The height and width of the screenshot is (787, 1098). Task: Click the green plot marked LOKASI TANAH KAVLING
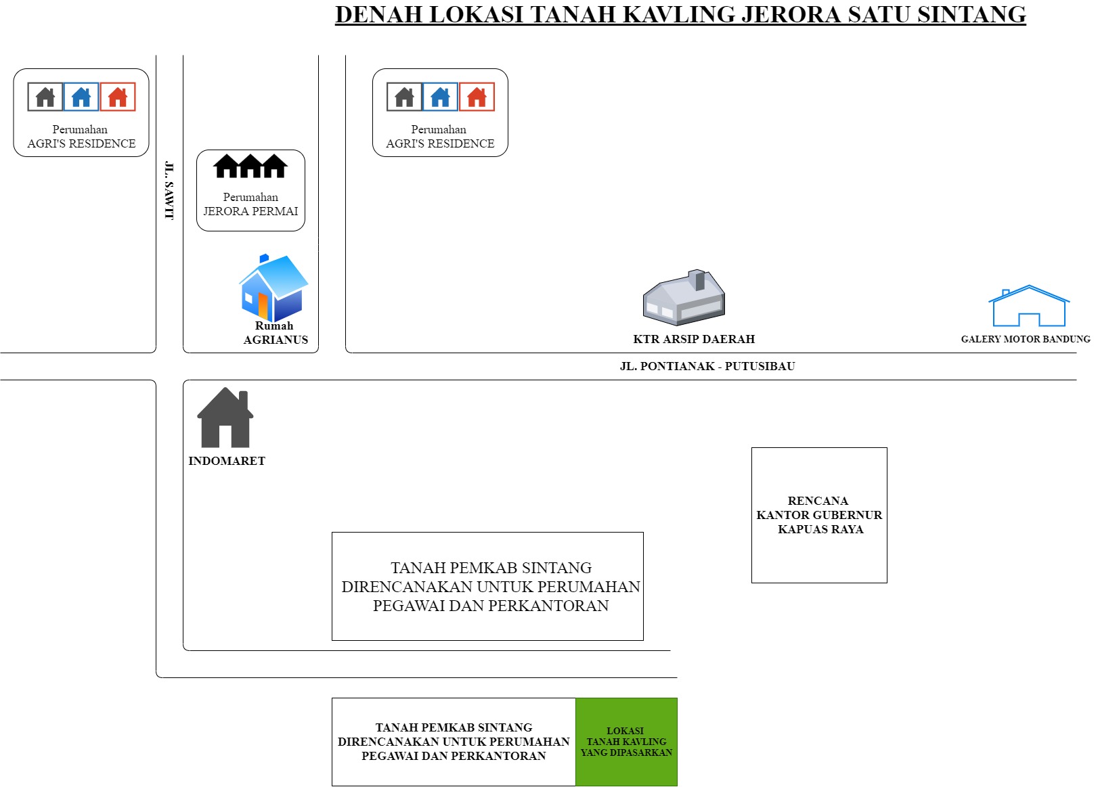[x=626, y=742]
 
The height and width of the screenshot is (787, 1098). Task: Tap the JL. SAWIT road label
[x=169, y=190]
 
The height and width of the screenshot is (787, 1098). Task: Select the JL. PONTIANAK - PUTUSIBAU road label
[x=707, y=366]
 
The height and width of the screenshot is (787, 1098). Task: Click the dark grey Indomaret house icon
[x=225, y=418]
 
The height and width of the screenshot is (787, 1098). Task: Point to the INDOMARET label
[x=227, y=461]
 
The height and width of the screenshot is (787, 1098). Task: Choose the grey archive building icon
[x=684, y=297]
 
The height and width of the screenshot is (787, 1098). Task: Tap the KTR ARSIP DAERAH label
[x=694, y=339]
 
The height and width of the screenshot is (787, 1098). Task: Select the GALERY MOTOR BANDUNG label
[x=1026, y=339]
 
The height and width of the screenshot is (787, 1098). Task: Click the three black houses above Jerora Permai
[x=250, y=166]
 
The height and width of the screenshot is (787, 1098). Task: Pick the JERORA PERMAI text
[x=250, y=211]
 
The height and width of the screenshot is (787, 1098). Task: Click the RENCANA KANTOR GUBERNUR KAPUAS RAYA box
[x=819, y=515]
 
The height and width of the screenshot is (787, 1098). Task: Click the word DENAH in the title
[x=379, y=15]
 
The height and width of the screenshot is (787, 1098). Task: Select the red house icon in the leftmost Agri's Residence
[x=118, y=97]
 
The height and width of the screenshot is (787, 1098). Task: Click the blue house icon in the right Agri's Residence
[x=440, y=97]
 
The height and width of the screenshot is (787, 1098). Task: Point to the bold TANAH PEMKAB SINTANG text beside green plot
[x=454, y=727]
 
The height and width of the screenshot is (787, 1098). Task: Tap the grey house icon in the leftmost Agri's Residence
[x=45, y=97]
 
